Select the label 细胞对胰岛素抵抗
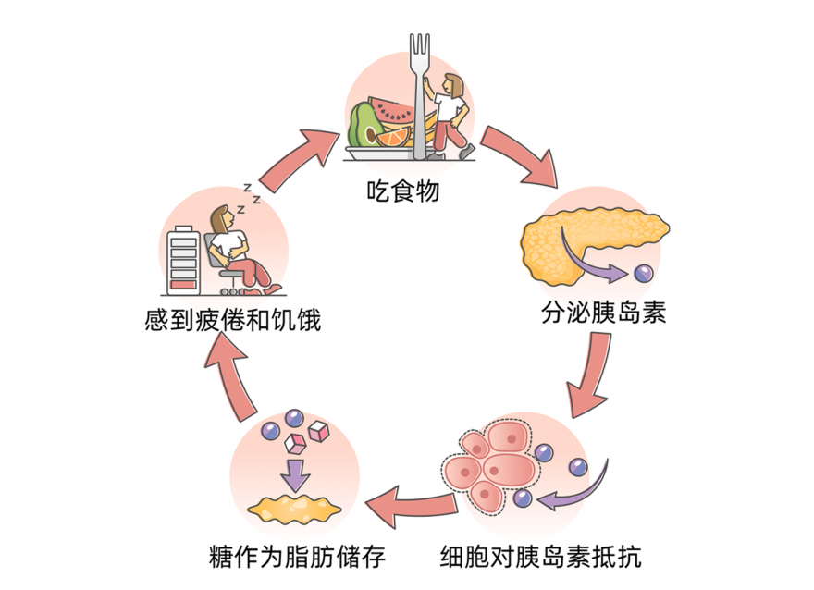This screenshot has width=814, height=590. point(540,558)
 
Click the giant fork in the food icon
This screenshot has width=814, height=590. point(422,92)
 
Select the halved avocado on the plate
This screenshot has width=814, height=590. point(364,125)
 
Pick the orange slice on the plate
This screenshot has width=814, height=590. point(392,138)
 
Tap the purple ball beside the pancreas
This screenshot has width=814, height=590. point(642,274)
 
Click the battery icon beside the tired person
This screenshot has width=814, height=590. point(181,260)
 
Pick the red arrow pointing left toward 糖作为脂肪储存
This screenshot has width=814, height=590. point(407,506)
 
